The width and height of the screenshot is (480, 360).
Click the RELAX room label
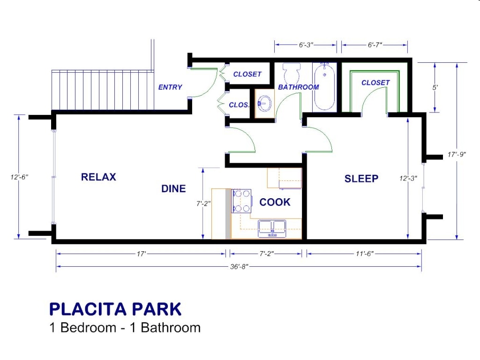[x=98, y=177]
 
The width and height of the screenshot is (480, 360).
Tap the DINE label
[x=173, y=189]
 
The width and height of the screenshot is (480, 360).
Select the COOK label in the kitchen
[x=275, y=202]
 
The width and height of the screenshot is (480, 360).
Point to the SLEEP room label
[x=361, y=179]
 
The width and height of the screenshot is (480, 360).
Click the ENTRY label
[x=170, y=87]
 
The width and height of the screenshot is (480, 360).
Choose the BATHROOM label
[x=299, y=87]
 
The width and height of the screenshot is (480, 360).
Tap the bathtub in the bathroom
[x=324, y=87]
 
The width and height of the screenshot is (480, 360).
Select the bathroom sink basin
[x=265, y=103]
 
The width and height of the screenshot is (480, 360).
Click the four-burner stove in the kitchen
[x=241, y=201]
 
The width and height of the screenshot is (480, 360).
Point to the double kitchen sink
[x=272, y=228]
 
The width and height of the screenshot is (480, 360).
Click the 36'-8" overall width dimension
[x=239, y=266]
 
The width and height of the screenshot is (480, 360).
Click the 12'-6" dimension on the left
[x=19, y=177]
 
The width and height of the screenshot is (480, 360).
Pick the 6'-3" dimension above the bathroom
[x=306, y=45]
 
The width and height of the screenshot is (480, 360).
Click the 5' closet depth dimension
[x=435, y=87]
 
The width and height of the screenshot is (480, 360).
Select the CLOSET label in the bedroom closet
[x=375, y=82]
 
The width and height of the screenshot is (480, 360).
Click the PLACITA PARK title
[x=115, y=309]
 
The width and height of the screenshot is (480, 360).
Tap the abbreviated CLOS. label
[x=239, y=105]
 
